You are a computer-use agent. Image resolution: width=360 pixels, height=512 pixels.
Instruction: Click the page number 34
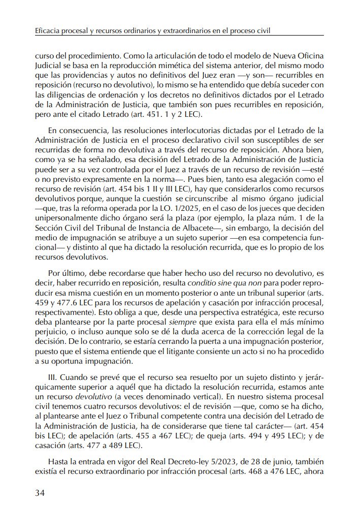click(41, 493)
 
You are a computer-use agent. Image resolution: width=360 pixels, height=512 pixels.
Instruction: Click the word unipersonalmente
click(63, 217)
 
